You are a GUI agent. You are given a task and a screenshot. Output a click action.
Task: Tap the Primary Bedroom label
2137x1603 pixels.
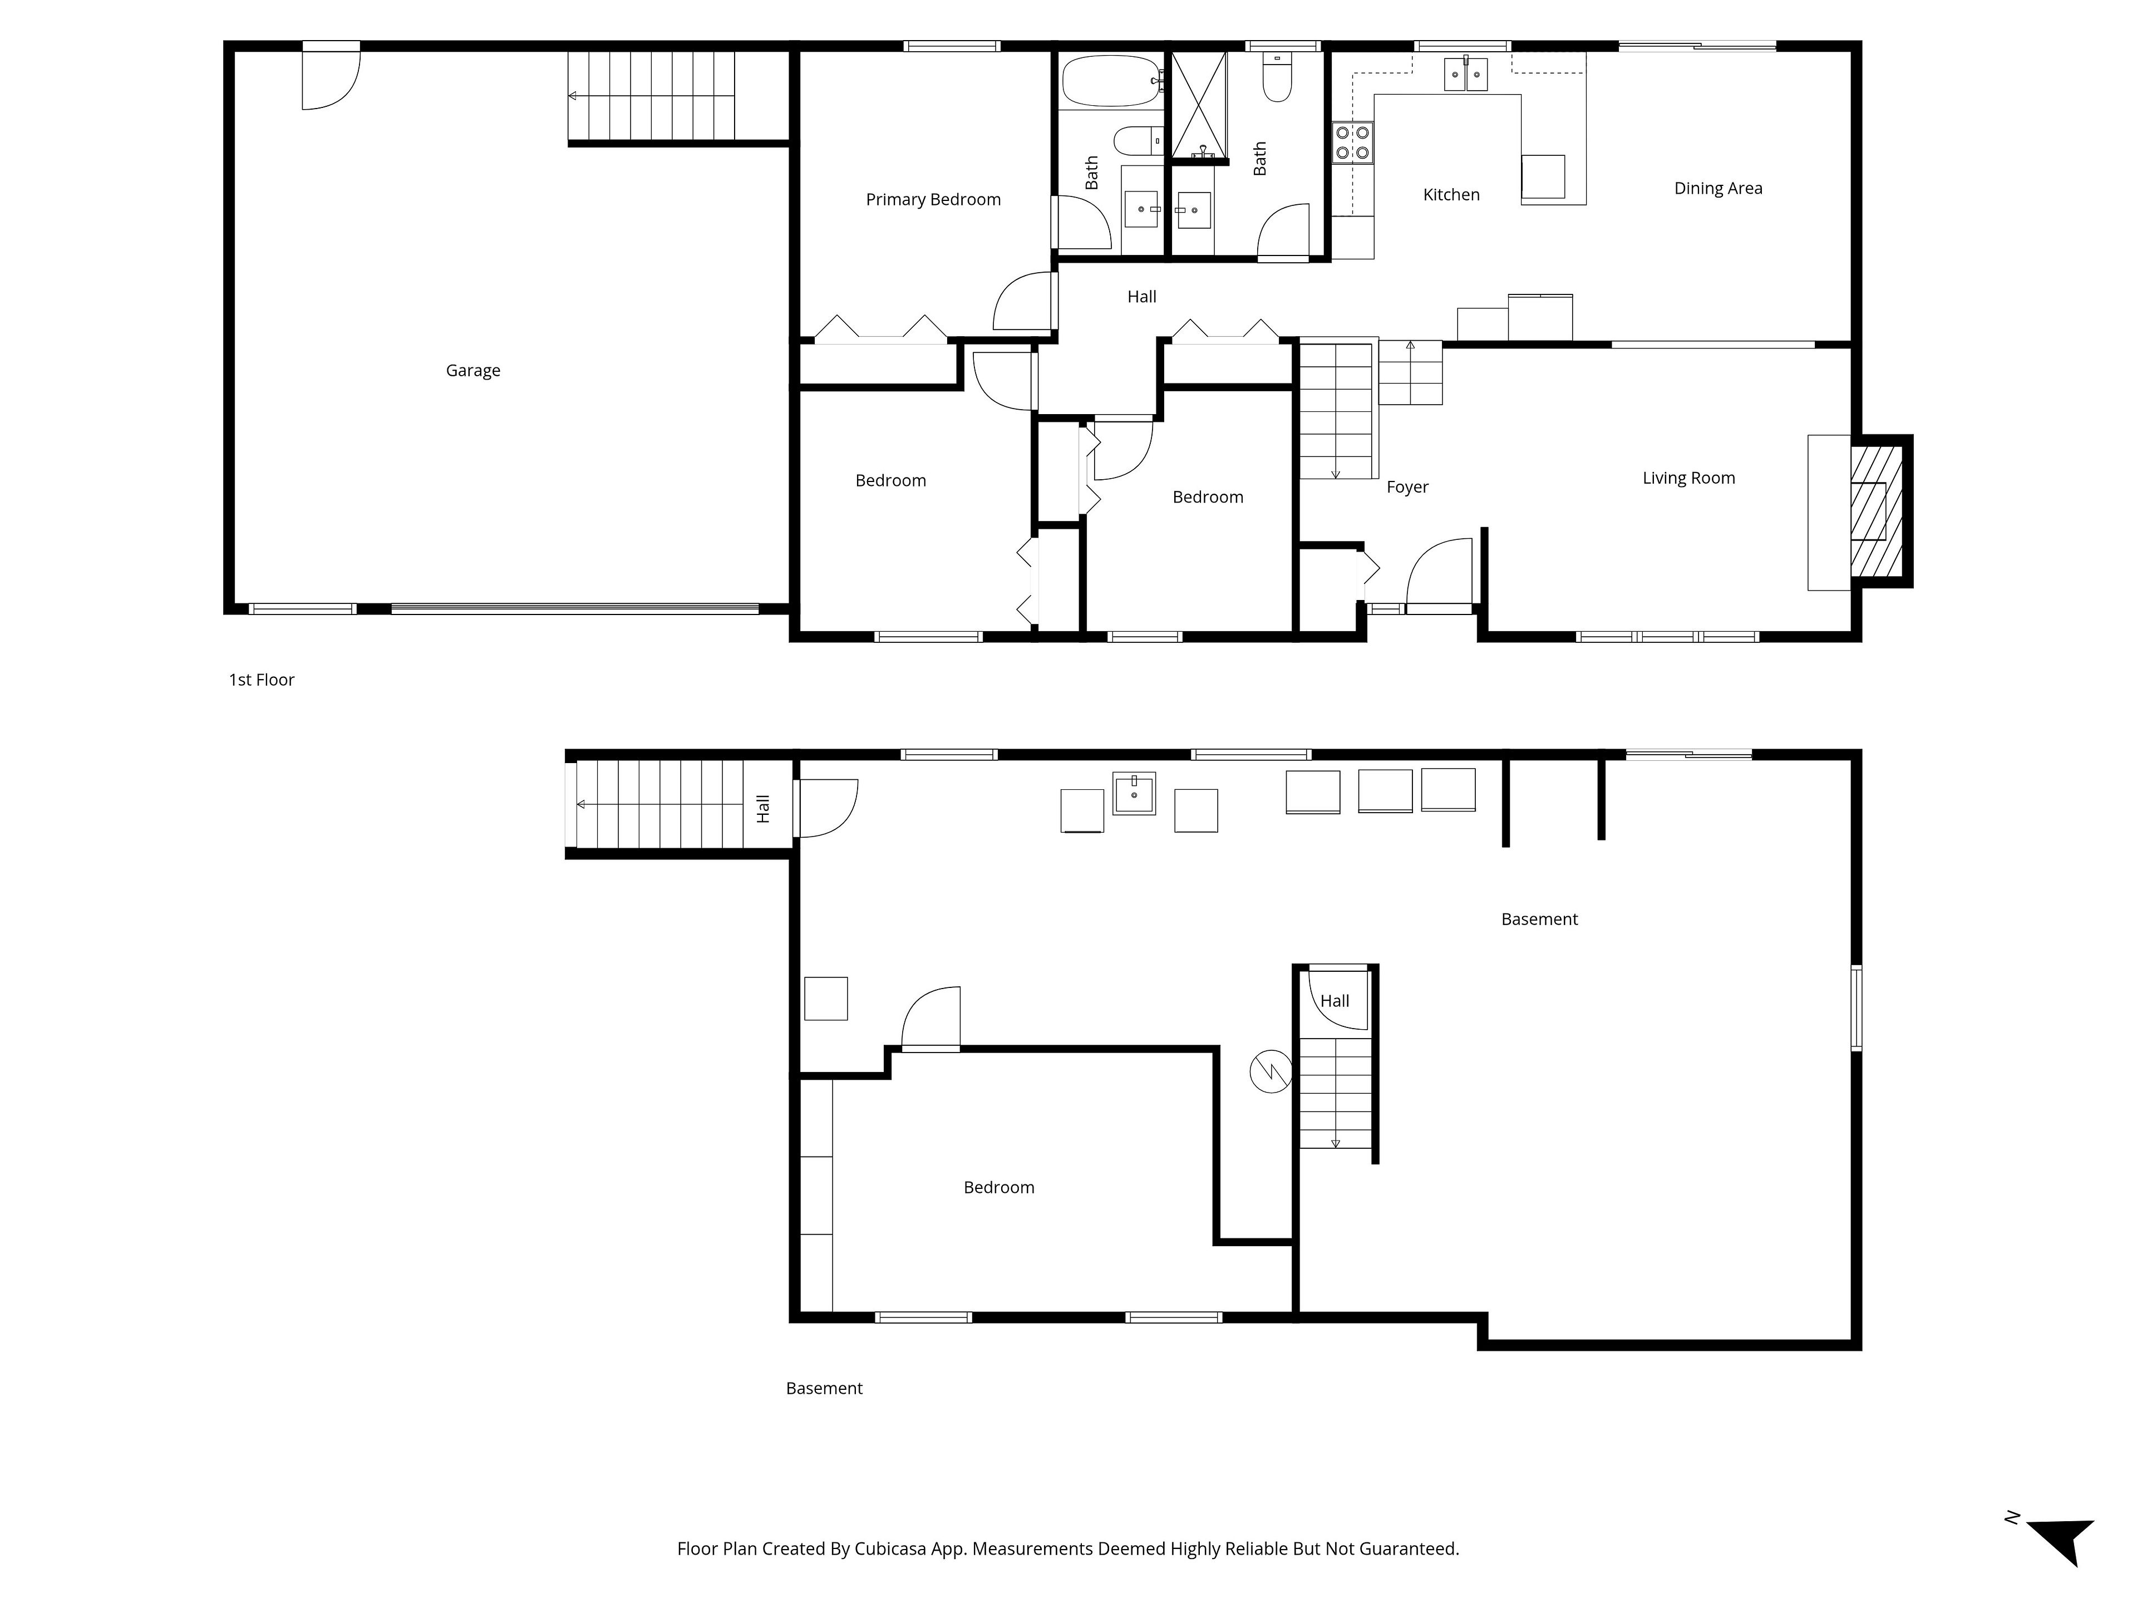click(x=933, y=200)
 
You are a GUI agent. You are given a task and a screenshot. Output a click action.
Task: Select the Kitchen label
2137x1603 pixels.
click(x=1451, y=195)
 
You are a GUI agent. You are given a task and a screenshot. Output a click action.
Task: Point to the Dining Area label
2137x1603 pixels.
click(x=1718, y=189)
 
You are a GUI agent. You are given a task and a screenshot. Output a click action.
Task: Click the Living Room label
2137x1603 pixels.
click(x=1689, y=478)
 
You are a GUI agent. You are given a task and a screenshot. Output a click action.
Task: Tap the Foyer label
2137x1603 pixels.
click(x=1407, y=487)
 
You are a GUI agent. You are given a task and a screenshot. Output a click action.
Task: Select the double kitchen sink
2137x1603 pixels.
click(x=1465, y=73)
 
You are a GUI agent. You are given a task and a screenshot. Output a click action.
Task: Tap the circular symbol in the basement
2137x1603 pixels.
click(x=1271, y=1071)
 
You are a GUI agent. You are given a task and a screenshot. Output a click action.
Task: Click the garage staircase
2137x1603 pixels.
click(x=651, y=96)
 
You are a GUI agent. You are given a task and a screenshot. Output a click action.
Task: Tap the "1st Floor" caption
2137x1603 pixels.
click(x=261, y=680)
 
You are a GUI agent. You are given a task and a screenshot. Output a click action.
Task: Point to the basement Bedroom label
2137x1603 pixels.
click(x=999, y=1188)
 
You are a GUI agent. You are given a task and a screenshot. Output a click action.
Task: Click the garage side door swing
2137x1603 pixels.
click(x=331, y=77)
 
